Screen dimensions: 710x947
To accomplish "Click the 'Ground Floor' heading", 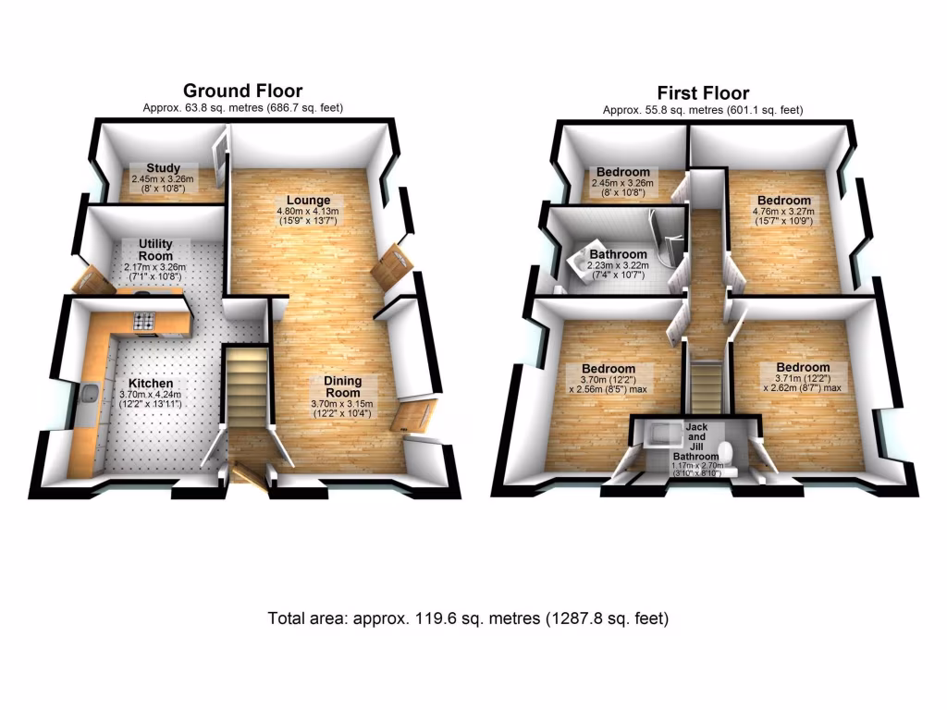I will point(242,91).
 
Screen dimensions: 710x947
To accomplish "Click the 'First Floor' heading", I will point(703,92).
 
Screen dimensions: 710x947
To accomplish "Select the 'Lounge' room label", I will point(308,201).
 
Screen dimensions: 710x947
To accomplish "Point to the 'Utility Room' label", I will point(156,249).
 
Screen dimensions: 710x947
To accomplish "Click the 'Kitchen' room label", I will point(151,384).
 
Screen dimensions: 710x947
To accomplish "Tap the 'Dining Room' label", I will point(342,387).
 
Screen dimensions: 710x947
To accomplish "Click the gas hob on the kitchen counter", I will point(145,322).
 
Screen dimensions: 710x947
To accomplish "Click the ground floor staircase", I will point(245,388).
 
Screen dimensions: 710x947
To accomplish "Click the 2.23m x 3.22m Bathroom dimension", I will point(618,266).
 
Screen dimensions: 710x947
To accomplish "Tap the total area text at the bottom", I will point(468,618).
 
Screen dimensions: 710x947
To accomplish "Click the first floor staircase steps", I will point(705,384).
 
